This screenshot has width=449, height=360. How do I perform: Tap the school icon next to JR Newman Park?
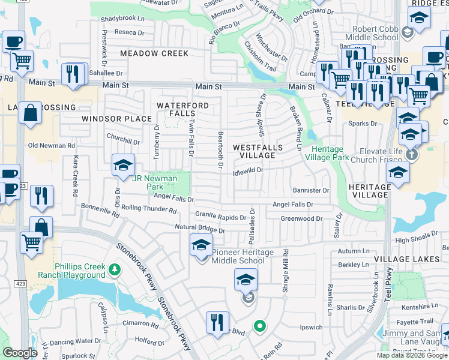coord(123,165)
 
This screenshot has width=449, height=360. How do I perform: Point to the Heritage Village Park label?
coord(327,153)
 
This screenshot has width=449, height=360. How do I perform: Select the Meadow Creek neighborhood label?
coord(154,53)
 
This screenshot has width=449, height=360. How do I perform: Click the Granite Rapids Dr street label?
coord(220,216)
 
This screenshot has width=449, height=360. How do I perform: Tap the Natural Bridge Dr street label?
coord(200,229)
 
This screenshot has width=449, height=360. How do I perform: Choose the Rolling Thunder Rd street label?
coord(149,210)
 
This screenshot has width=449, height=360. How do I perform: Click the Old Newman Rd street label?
coord(52,145)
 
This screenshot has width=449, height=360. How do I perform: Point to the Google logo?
coord(20,352)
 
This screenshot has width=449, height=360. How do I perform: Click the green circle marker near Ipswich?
coord(259,326)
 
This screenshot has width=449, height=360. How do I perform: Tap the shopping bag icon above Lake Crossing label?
coord(30,113)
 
